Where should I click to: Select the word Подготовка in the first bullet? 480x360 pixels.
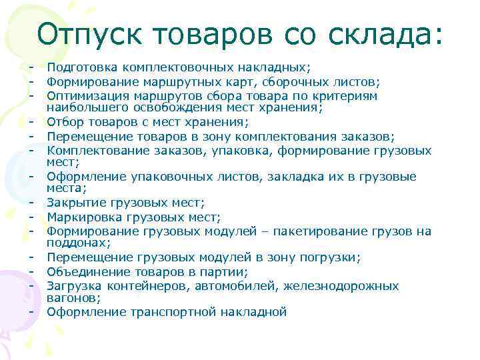[81, 67]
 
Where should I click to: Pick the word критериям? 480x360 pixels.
[350, 96]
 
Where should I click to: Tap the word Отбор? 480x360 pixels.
[65, 122]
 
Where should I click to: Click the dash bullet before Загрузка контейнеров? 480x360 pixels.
[31, 286]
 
